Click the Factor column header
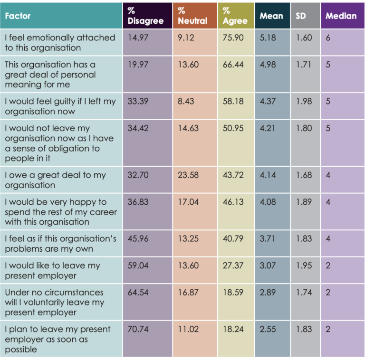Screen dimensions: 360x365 coord(18,16)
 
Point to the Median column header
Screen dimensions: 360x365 coord(341,16)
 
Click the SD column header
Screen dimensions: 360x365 coord(300,16)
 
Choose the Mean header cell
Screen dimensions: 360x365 coord(271,16)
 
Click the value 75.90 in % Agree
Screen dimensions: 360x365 coord(233,38)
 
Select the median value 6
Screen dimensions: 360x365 coord(328,38)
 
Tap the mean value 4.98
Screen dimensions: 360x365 coord(268,65)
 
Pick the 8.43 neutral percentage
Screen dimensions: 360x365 coord(186,101)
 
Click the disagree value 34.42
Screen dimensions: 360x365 coord(138,128)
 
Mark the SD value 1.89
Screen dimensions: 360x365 coord(304,202)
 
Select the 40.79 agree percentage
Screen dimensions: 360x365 coord(233,238)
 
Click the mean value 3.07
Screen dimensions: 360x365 coord(268,265)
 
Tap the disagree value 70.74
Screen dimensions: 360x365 coord(138,329)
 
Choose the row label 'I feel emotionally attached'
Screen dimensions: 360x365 coord(60,42)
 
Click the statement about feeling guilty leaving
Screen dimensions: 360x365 coord(60,106)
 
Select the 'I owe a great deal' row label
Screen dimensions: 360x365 coord(55,180)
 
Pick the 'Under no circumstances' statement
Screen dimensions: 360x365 coord(55,302)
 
